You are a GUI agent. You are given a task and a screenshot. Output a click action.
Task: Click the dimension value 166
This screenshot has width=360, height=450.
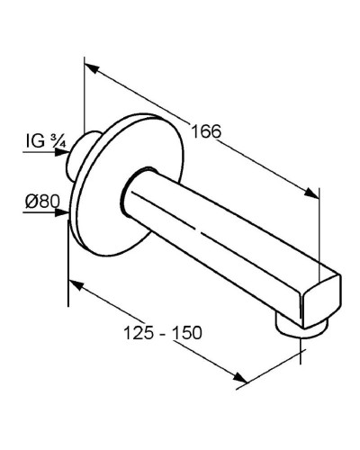tap(205, 132)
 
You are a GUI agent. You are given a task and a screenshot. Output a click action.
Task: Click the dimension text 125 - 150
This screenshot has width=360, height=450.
tap(162, 332)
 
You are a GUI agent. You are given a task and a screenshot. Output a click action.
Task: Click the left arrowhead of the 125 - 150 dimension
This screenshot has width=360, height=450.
tap(75, 285)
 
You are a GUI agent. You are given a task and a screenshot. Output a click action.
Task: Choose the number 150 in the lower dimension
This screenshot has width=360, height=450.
tap(186, 332)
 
